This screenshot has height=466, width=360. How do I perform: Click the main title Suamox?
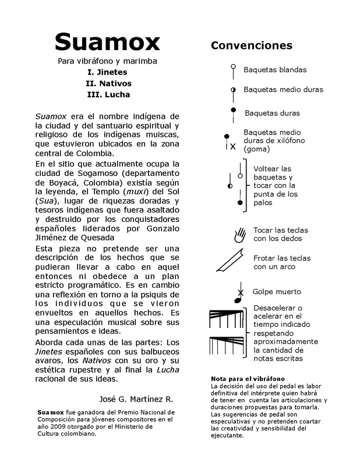107,41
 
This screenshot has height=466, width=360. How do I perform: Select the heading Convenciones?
252,45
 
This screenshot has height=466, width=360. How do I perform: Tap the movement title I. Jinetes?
107,72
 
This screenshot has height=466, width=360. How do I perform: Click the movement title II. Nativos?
107,83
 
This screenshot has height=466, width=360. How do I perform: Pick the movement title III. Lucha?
107,94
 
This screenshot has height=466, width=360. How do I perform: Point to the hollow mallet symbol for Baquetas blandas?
233,68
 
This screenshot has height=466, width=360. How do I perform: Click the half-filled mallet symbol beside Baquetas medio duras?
233,89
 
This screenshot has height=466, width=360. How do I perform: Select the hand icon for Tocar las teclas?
239,235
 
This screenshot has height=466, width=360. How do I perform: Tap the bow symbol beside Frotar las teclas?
230,261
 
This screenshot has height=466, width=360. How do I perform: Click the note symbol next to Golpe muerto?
238,295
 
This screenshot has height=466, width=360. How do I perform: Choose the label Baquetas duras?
272,113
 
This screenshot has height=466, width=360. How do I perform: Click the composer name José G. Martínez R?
137,399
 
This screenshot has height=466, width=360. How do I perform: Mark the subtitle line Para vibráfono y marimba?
107,61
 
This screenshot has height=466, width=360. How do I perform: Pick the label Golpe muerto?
277,291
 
